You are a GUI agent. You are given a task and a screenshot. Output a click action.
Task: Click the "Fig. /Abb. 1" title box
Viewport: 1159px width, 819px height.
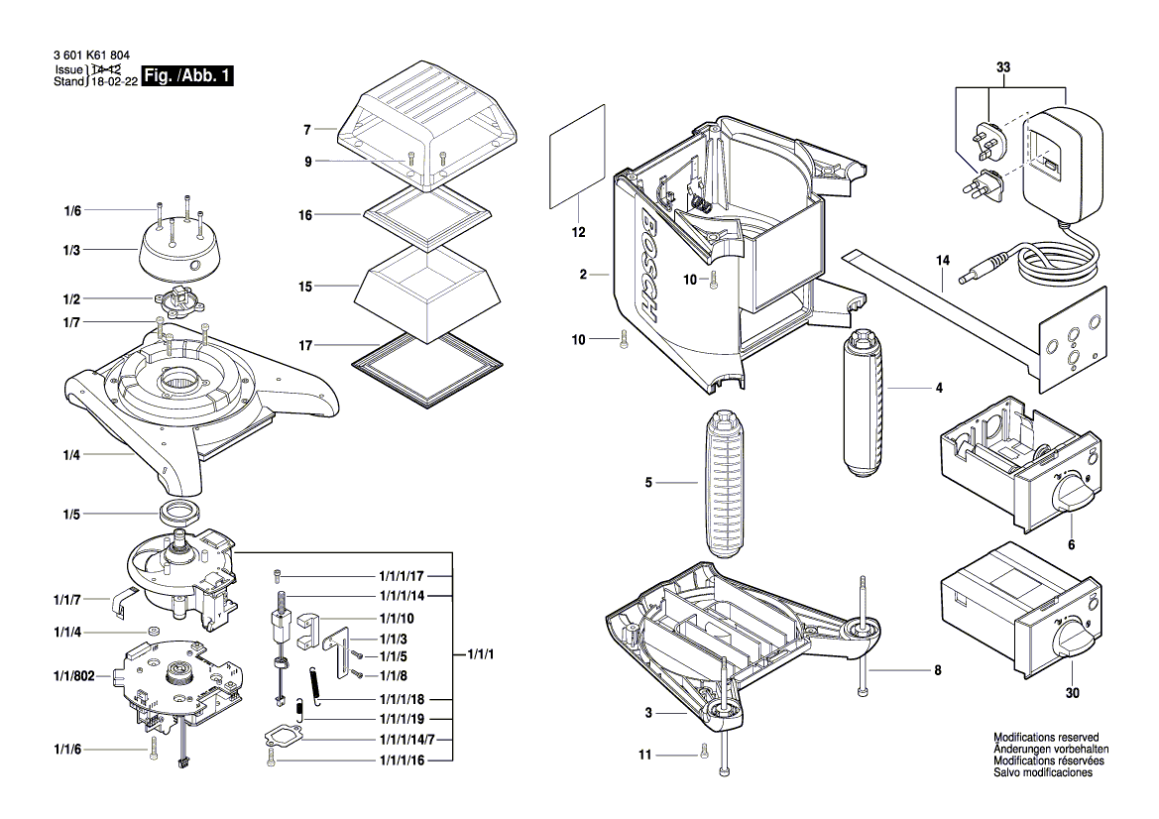187,75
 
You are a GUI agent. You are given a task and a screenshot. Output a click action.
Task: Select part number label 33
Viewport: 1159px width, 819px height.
1003,67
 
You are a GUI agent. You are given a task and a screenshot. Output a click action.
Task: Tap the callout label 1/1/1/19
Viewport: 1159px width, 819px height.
403,719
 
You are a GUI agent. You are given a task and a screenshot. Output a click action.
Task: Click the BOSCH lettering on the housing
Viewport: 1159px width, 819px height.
650,267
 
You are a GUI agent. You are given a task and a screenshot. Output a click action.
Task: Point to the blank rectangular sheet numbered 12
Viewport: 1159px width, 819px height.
577,157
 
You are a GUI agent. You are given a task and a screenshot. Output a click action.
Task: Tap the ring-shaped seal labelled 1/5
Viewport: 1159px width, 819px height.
179,511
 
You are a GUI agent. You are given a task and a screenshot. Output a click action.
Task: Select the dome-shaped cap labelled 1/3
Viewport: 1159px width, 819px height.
178,251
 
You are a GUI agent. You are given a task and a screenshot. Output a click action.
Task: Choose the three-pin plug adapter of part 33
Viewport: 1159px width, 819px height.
984,138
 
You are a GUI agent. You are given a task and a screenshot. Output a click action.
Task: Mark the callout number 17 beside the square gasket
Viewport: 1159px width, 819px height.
305,345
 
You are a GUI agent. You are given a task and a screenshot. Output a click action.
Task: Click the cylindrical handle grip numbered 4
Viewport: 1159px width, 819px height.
862,404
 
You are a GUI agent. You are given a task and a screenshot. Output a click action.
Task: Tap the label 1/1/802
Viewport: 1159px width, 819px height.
74,675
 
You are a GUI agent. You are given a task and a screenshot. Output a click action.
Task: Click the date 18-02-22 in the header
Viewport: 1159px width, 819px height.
114,82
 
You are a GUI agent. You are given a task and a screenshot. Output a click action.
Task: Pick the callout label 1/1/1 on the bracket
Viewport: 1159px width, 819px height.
481,654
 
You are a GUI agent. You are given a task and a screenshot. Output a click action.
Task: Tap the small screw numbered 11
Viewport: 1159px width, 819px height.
703,754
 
